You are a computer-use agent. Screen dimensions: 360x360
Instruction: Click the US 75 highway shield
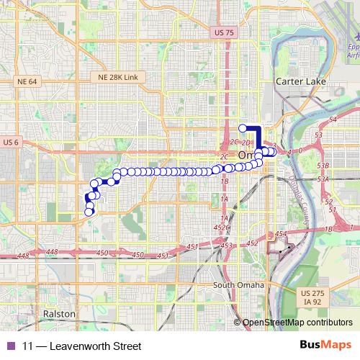[225, 32]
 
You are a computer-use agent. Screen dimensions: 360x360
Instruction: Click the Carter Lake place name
[300, 82]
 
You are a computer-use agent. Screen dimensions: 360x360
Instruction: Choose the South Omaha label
[238, 285]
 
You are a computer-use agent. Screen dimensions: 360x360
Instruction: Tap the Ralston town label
[58, 314]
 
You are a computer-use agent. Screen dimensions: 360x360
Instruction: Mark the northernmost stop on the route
[243, 128]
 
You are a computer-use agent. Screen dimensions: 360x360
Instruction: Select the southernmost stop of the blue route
[89, 212]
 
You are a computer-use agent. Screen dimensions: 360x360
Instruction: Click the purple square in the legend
[9, 346]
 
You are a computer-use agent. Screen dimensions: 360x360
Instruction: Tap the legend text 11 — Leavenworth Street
[71, 346]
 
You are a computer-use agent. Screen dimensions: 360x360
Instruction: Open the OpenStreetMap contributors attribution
[297, 322]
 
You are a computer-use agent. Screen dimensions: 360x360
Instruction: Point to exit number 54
[333, 117]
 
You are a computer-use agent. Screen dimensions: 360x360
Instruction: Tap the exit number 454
[281, 234]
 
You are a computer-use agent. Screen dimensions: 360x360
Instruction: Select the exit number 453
[227, 246]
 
